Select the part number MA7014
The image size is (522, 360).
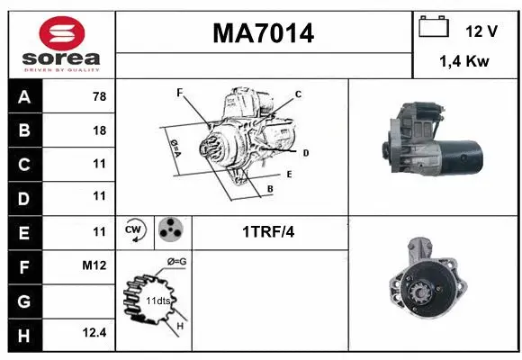tap(263, 33)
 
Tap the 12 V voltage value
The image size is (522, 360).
tap(481, 31)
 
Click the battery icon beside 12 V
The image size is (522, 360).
tap(435, 28)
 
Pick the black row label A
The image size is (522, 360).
tap(23, 97)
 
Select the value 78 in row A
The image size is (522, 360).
tap(99, 97)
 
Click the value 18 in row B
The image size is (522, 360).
tap(99, 130)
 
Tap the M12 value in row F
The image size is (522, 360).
tap(95, 265)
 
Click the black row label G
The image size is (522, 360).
tap(23, 300)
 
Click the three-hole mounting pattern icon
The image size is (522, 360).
tap(170, 231)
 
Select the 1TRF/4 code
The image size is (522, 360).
tap(268, 232)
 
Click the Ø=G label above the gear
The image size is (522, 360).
tap(177, 262)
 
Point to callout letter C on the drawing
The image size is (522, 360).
tap(298, 94)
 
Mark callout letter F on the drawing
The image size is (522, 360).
tap(179, 92)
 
